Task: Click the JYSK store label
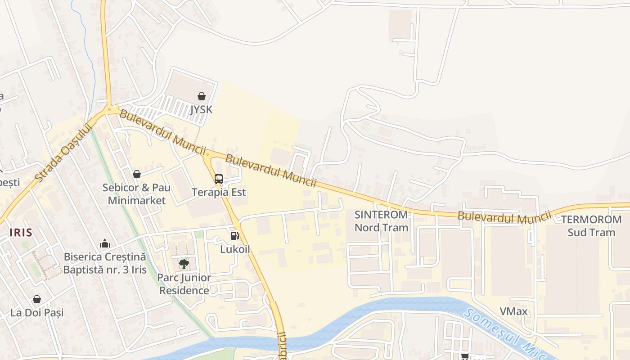(x=201, y=109)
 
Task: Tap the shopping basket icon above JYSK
(x=201, y=96)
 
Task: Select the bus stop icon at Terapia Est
(x=219, y=179)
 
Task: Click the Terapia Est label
(x=219, y=192)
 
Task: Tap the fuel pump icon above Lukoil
(x=234, y=235)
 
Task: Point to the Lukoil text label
(x=234, y=249)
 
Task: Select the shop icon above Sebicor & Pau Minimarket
(x=136, y=174)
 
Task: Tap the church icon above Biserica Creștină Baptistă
(x=105, y=243)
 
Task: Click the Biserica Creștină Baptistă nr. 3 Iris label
(x=105, y=263)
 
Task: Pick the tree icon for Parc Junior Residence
(x=184, y=264)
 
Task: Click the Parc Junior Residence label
(x=184, y=284)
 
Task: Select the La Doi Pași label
(x=37, y=312)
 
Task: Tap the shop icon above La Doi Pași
(x=37, y=299)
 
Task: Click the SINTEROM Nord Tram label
(x=381, y=221)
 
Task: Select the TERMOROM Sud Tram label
(x=591, y=226)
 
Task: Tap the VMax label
(x=513, y=311)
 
